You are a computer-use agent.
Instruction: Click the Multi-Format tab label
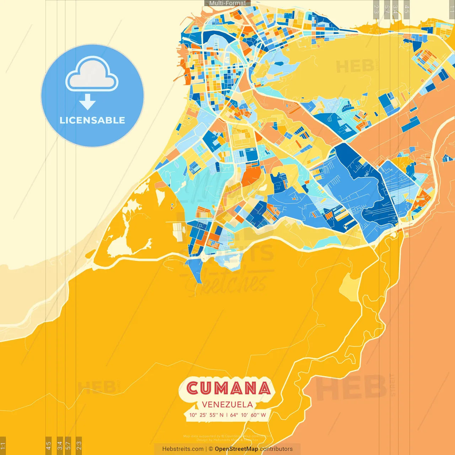[227, 3]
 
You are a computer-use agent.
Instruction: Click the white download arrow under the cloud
[87, 102]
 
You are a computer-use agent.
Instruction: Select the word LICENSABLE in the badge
[92, 120]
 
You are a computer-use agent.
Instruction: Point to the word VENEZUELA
[227, 405]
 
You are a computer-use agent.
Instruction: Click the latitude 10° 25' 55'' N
[207, 415]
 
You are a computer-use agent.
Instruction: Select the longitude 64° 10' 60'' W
[248, 415]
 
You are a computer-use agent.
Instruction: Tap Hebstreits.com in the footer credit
[183, 449]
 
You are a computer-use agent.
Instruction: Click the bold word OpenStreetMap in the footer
[236, 449]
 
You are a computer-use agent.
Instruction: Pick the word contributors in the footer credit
[276, 449]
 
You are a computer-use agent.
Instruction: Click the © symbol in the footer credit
[211, 449]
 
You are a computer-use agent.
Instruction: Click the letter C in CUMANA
[193, 388]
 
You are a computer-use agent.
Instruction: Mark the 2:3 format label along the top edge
[376, 9]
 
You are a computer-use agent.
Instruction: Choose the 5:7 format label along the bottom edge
[68, 445]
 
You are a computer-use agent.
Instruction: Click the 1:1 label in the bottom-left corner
[3, 445]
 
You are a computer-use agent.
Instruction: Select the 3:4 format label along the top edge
[395, 9]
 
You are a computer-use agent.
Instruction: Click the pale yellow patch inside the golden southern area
[350, 288]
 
